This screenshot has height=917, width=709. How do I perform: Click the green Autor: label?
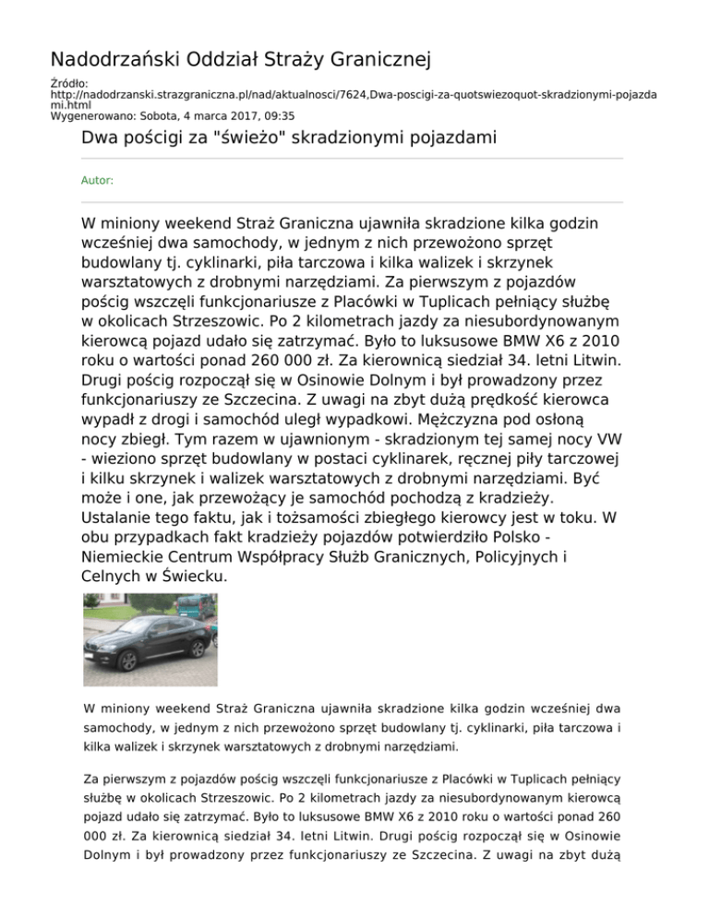click(98, 181)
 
